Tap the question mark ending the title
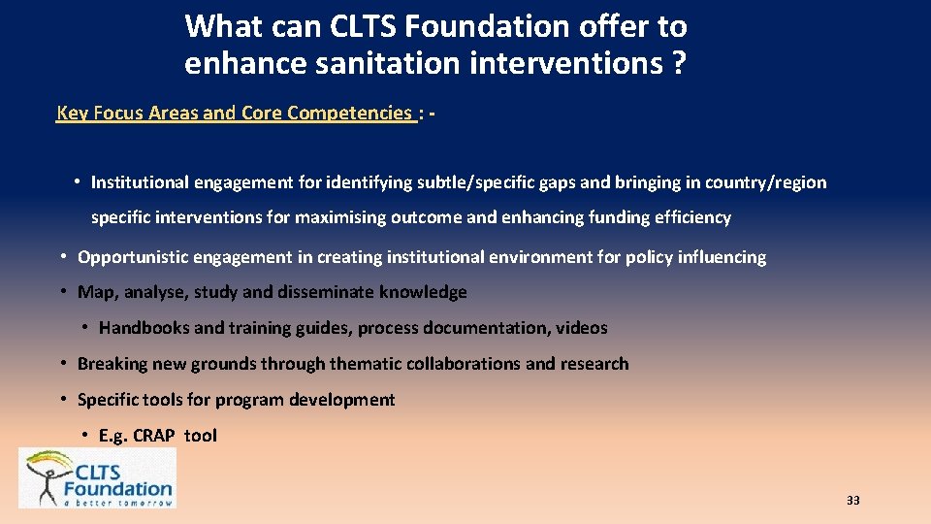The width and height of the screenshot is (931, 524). [678, 64]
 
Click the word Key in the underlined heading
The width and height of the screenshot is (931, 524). [73, 113]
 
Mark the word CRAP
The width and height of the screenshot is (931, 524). [153, 436]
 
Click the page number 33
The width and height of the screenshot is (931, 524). [853, 501]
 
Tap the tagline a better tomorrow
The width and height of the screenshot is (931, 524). [117, 502]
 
